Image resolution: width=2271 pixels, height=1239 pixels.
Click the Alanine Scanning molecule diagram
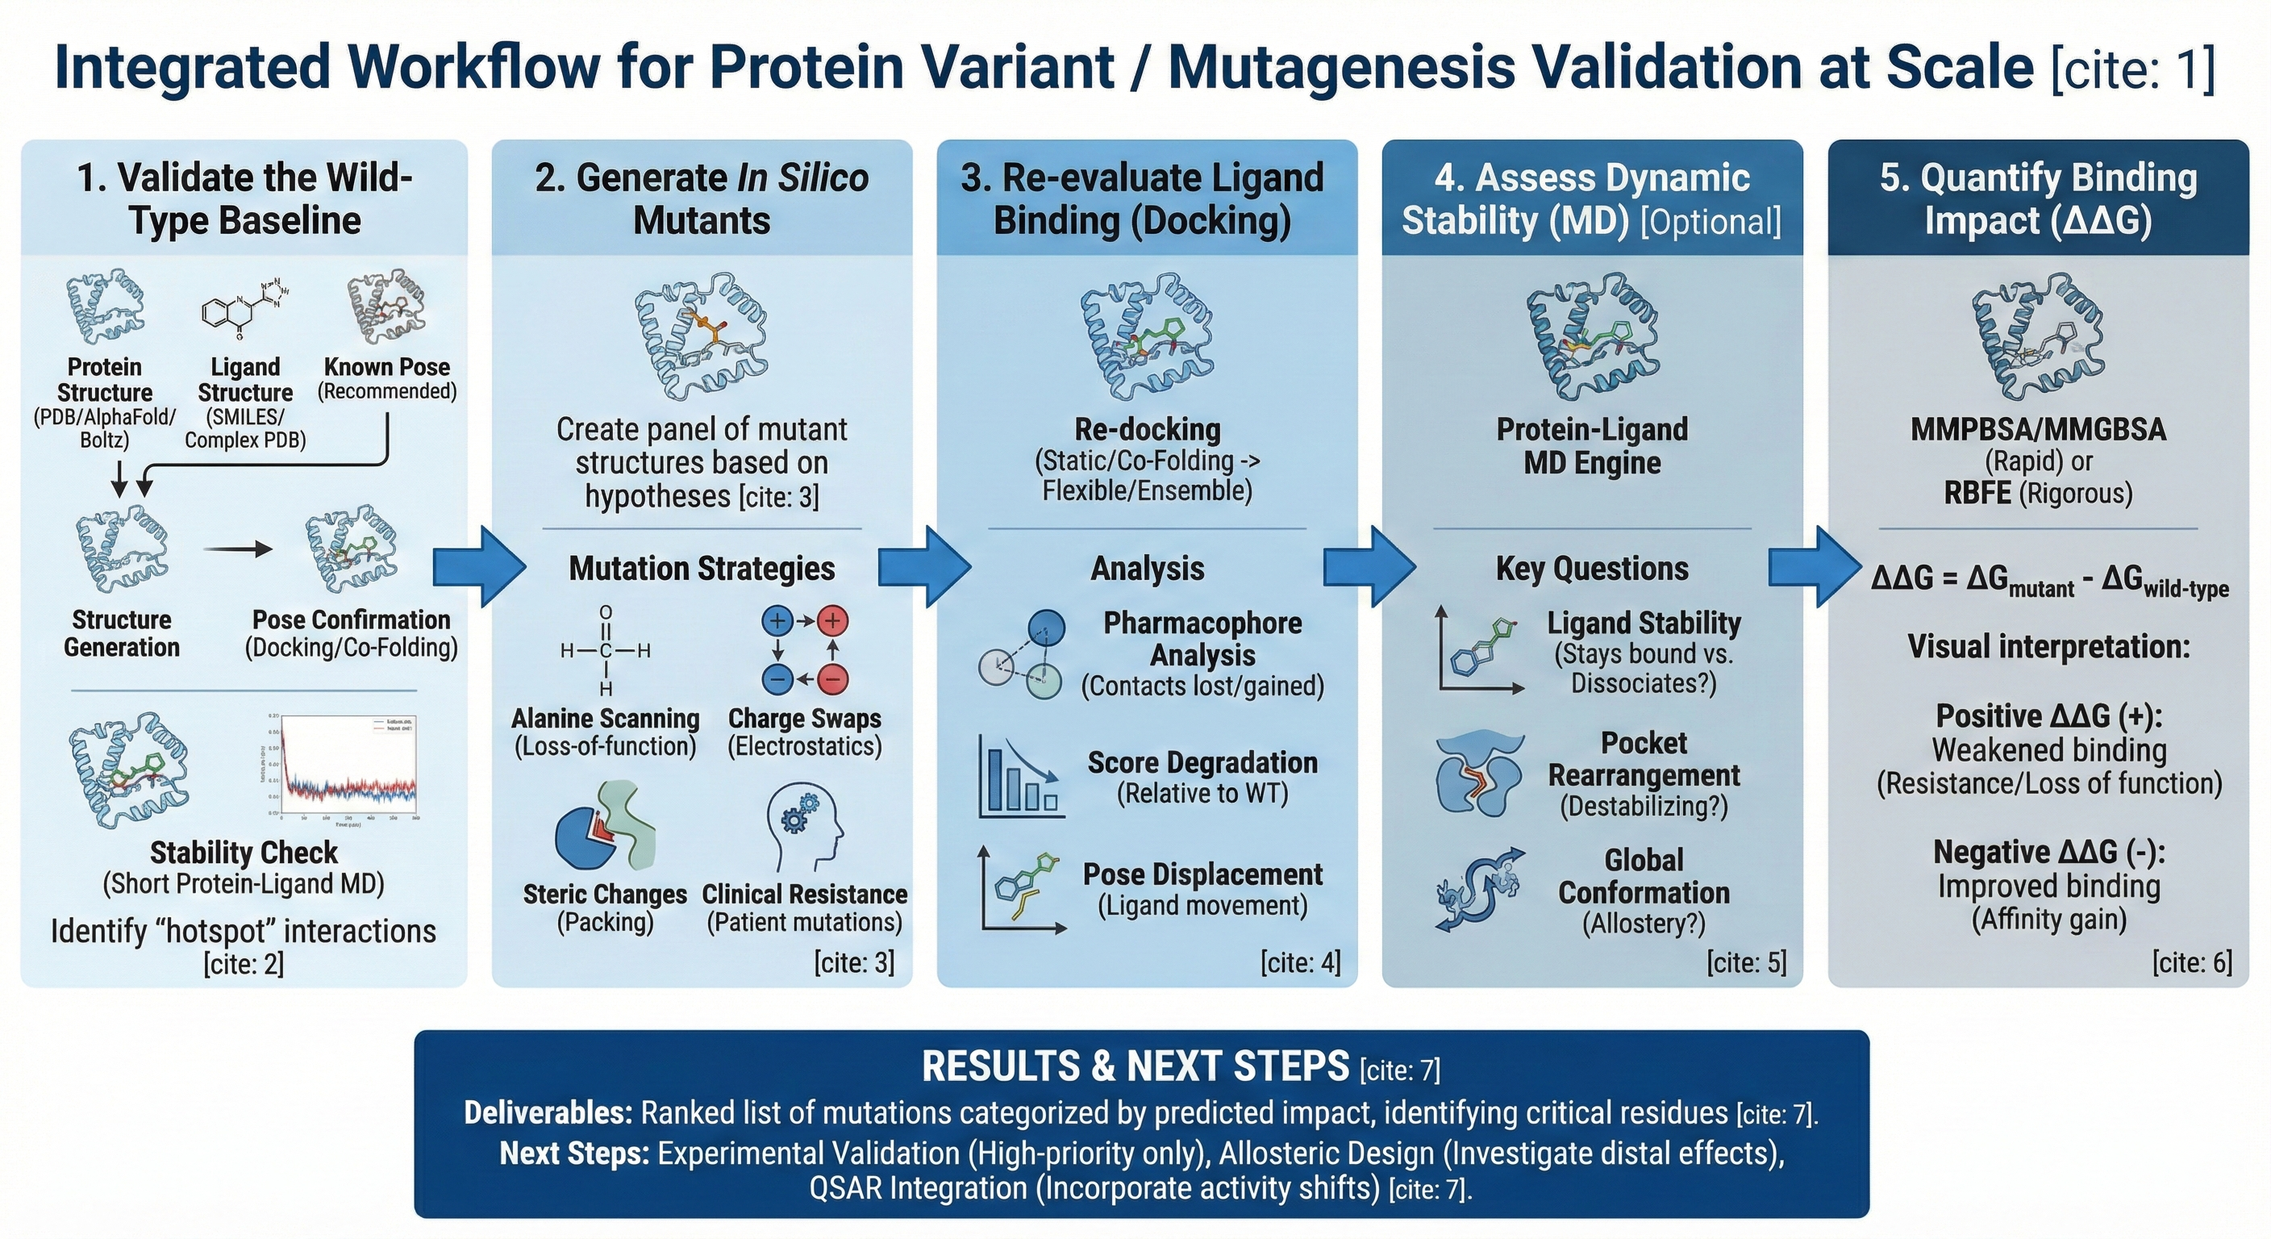pos(606,651)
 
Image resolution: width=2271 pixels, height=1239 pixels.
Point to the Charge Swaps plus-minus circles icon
pos(804,650)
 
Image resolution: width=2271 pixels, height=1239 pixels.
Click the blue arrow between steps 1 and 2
pos(479,566)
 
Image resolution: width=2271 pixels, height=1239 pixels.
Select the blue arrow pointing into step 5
pos(1815,566)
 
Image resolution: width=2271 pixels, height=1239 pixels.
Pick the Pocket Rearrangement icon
pos(1479,776)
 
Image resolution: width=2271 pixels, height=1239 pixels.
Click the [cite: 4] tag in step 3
pos(1300,962)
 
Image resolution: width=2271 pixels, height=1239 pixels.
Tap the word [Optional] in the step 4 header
pos(1711,220)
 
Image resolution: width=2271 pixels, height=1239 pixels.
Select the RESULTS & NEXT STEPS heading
pos(1135,1067)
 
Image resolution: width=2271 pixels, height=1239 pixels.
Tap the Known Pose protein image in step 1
pos(386,307)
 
